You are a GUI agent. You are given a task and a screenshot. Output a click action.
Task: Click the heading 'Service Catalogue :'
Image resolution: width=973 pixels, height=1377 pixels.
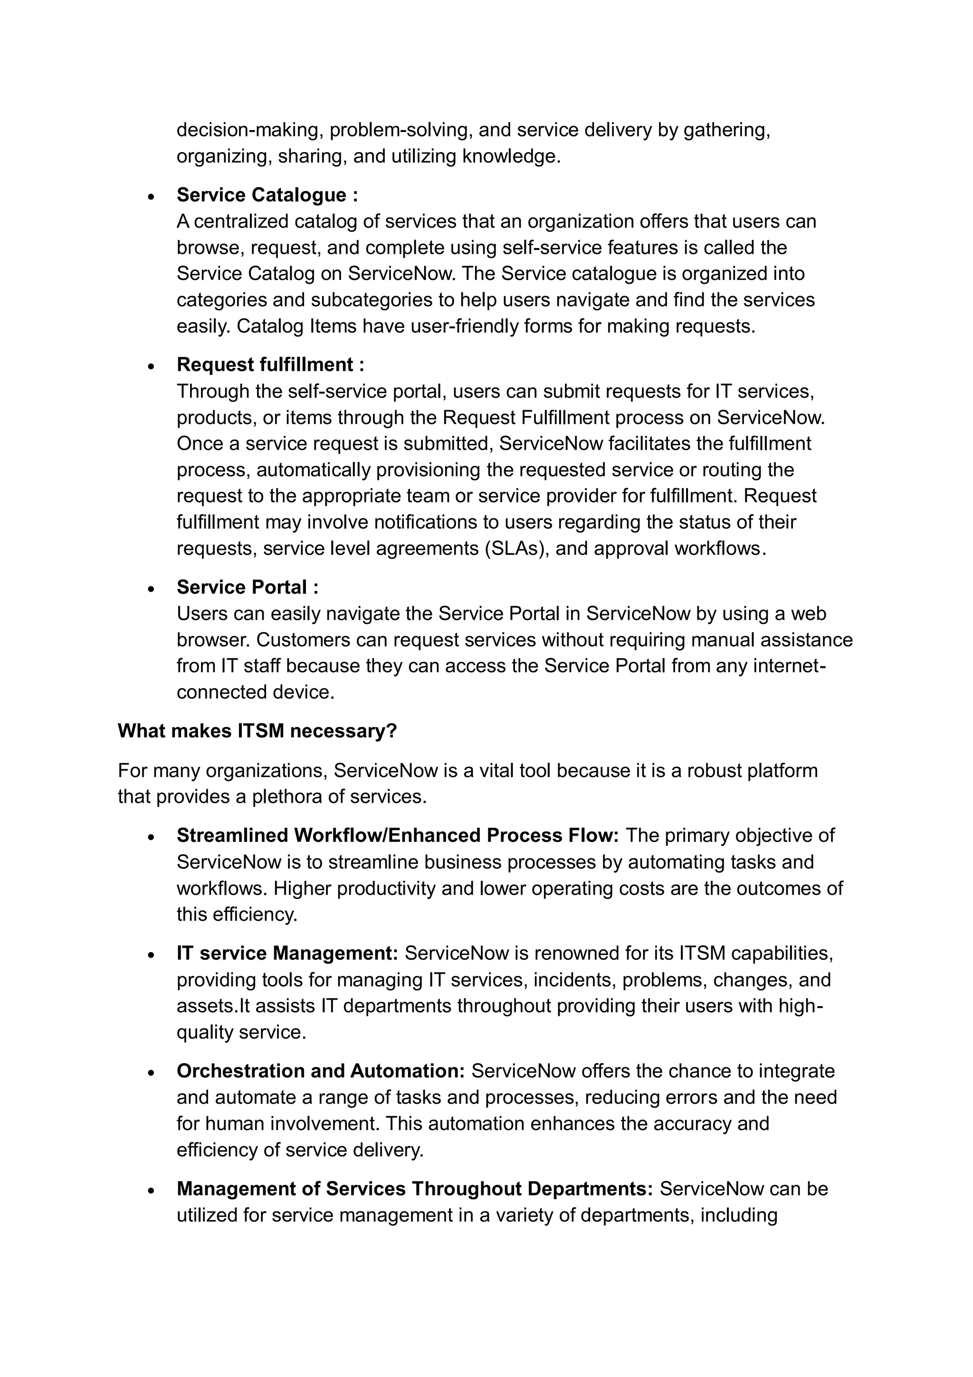pyautogui.click(x=267, y=195)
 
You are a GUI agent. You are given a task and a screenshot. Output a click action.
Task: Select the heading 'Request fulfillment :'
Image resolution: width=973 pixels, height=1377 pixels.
pyautogui.click(x=270, y=365)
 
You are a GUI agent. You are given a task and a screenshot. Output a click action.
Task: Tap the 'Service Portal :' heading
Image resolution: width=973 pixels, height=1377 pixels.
pyautogui.click(x=248, y=587)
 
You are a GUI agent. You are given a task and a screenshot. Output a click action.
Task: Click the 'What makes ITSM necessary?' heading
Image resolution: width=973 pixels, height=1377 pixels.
pyautogui.click(x=257, y=731)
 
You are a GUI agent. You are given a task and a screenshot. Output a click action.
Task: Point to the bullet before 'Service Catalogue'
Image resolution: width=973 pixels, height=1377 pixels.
pyautogui.click(x=152, y=197)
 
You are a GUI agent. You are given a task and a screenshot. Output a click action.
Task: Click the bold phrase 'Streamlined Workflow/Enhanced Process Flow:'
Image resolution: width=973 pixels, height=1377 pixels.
pyautogui.click(x=398, y=836)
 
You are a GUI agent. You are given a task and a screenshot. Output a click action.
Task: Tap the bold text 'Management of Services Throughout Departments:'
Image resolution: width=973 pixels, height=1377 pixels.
pyautogui.click(x=414, y=1189)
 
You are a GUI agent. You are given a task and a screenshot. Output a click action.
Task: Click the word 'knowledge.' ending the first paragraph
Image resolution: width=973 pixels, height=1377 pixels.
pyautogui.click(x=511, y=156)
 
